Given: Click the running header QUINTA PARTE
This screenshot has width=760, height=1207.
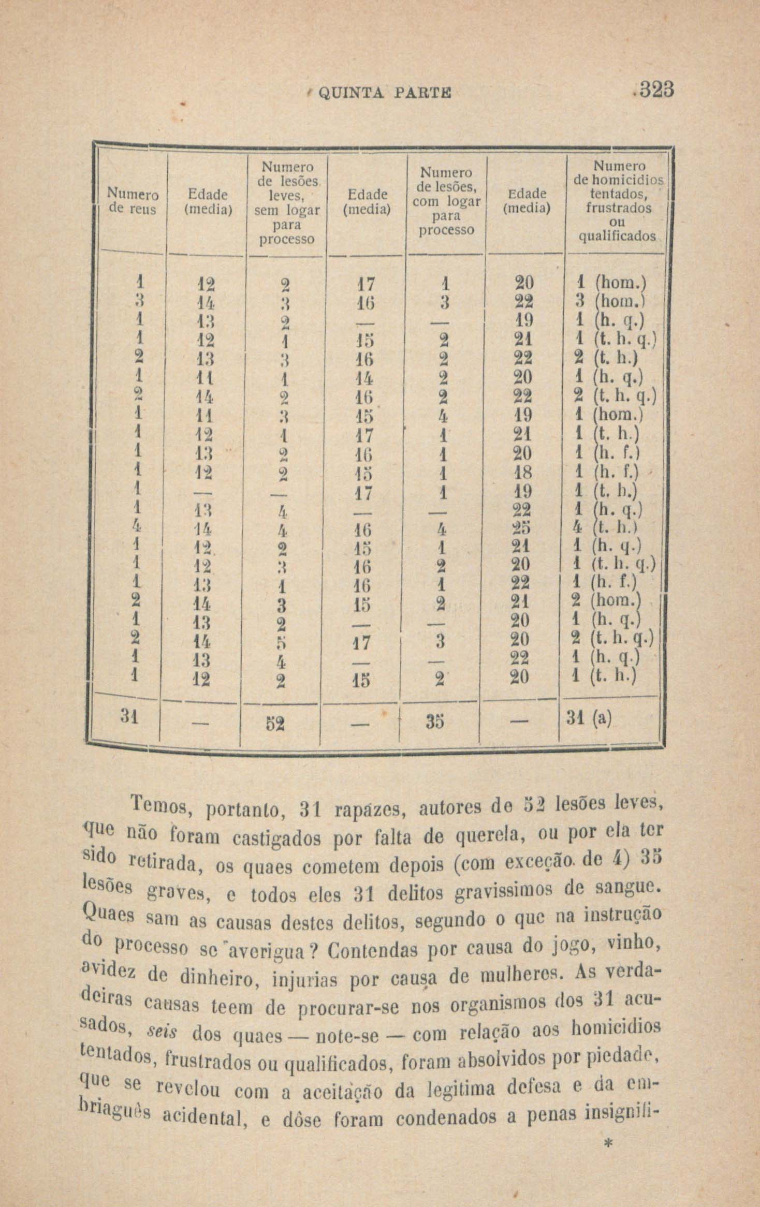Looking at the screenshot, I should pyautogui.click(x=384, y=93).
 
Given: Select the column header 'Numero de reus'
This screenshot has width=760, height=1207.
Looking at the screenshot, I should pyautogui.click(x=132, y=201).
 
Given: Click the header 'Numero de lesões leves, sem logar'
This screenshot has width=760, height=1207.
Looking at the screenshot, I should pyautogui.click(x=287, y=202).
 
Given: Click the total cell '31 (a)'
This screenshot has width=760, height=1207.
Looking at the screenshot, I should pyautogui.click(x=589, y=718).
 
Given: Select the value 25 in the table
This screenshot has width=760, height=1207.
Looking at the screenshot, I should pyautogui.click(x=522, y=529).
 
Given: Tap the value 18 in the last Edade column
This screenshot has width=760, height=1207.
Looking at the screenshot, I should pyautogui.click(x=523, y=473).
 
